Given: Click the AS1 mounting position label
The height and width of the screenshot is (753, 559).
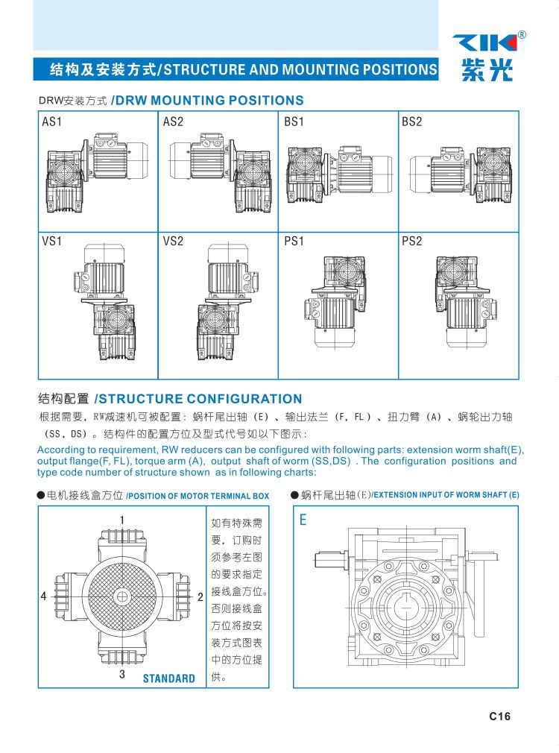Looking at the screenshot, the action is pos(52,122).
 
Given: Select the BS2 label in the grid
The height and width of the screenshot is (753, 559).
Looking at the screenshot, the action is pos(412,122).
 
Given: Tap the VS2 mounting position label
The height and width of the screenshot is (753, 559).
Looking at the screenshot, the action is pos(173,241).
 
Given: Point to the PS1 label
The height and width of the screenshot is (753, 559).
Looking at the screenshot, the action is pos(294,241).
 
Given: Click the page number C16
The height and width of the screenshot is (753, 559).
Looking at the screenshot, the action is pos(499,716).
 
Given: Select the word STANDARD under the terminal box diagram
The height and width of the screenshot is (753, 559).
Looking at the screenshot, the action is pos(169,678).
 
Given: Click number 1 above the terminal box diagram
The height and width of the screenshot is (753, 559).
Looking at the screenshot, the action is pos(122,520).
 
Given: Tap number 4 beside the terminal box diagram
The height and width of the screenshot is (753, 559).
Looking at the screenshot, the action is pos(44,596).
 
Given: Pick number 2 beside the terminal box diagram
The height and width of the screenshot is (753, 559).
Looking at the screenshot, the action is pos(200,597).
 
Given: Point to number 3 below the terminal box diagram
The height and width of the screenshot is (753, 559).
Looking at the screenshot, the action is pos(122,674).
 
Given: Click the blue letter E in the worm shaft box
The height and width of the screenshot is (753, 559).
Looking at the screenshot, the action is pos(303,520).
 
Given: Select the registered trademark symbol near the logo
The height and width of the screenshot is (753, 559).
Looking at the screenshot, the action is pos(522,34).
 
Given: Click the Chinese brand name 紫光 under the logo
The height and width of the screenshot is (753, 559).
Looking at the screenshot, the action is pos(487,69).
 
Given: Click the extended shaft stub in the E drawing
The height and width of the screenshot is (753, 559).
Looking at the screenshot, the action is pos(330,560).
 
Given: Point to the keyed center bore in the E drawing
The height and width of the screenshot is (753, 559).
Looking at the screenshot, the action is pos(407,607).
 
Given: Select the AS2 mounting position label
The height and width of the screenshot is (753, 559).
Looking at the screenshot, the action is pos(173,122).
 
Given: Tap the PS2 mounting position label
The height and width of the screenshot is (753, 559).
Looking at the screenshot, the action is pos(412,241).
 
